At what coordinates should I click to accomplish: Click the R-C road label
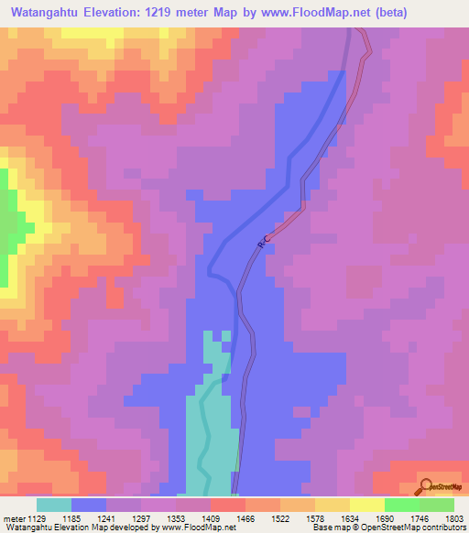pyautogui.click(x=265, y=241)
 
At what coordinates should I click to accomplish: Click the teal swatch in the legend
pyautogui.click(x=54, y=505)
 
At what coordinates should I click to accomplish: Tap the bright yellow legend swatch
pyautogui.click(x=366, y=505)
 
